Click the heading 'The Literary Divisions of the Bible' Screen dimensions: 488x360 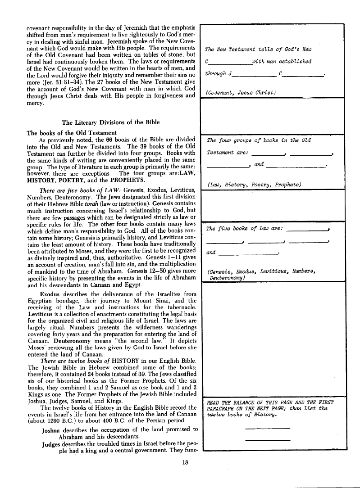coord(110,122)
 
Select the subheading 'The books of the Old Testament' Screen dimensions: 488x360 coord(65,133)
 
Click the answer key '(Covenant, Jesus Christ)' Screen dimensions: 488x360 coord(240,93)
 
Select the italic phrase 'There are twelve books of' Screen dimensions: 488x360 coord(76,361)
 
